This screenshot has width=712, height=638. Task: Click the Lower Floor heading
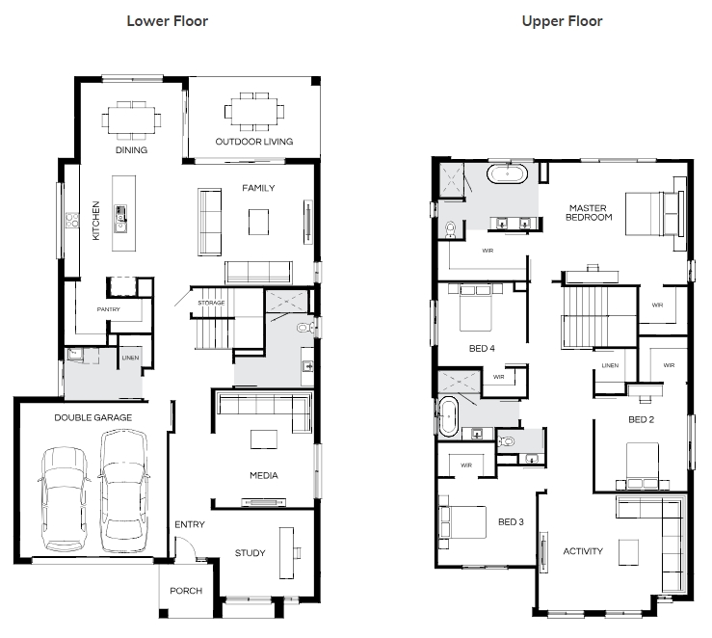point(167,21)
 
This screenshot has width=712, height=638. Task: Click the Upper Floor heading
point(562,21)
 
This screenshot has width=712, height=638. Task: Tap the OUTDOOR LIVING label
point(253,142)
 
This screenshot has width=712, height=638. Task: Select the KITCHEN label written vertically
point(95,221)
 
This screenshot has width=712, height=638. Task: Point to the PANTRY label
point(109,309)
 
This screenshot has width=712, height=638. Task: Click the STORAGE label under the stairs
point(211,303)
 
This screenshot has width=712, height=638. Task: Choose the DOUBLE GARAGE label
point(93,417)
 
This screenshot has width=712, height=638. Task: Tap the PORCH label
point(186,591)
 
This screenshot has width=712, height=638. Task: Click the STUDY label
point(251,553)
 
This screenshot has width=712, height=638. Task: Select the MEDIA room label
point(264,475)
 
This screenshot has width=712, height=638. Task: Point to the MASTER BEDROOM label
point(589,213)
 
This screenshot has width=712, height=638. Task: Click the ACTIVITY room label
point(583,551)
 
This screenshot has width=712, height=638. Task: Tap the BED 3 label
point(511,522)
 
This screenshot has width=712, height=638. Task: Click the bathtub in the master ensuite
point(507,173)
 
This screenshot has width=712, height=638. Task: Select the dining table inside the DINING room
point(131,120)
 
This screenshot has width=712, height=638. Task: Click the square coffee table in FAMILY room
point(258,222)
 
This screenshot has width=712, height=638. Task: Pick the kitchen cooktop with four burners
point(72,221)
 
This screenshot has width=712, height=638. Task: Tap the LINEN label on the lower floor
point(130,358)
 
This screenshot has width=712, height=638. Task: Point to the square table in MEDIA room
point(264,439)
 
